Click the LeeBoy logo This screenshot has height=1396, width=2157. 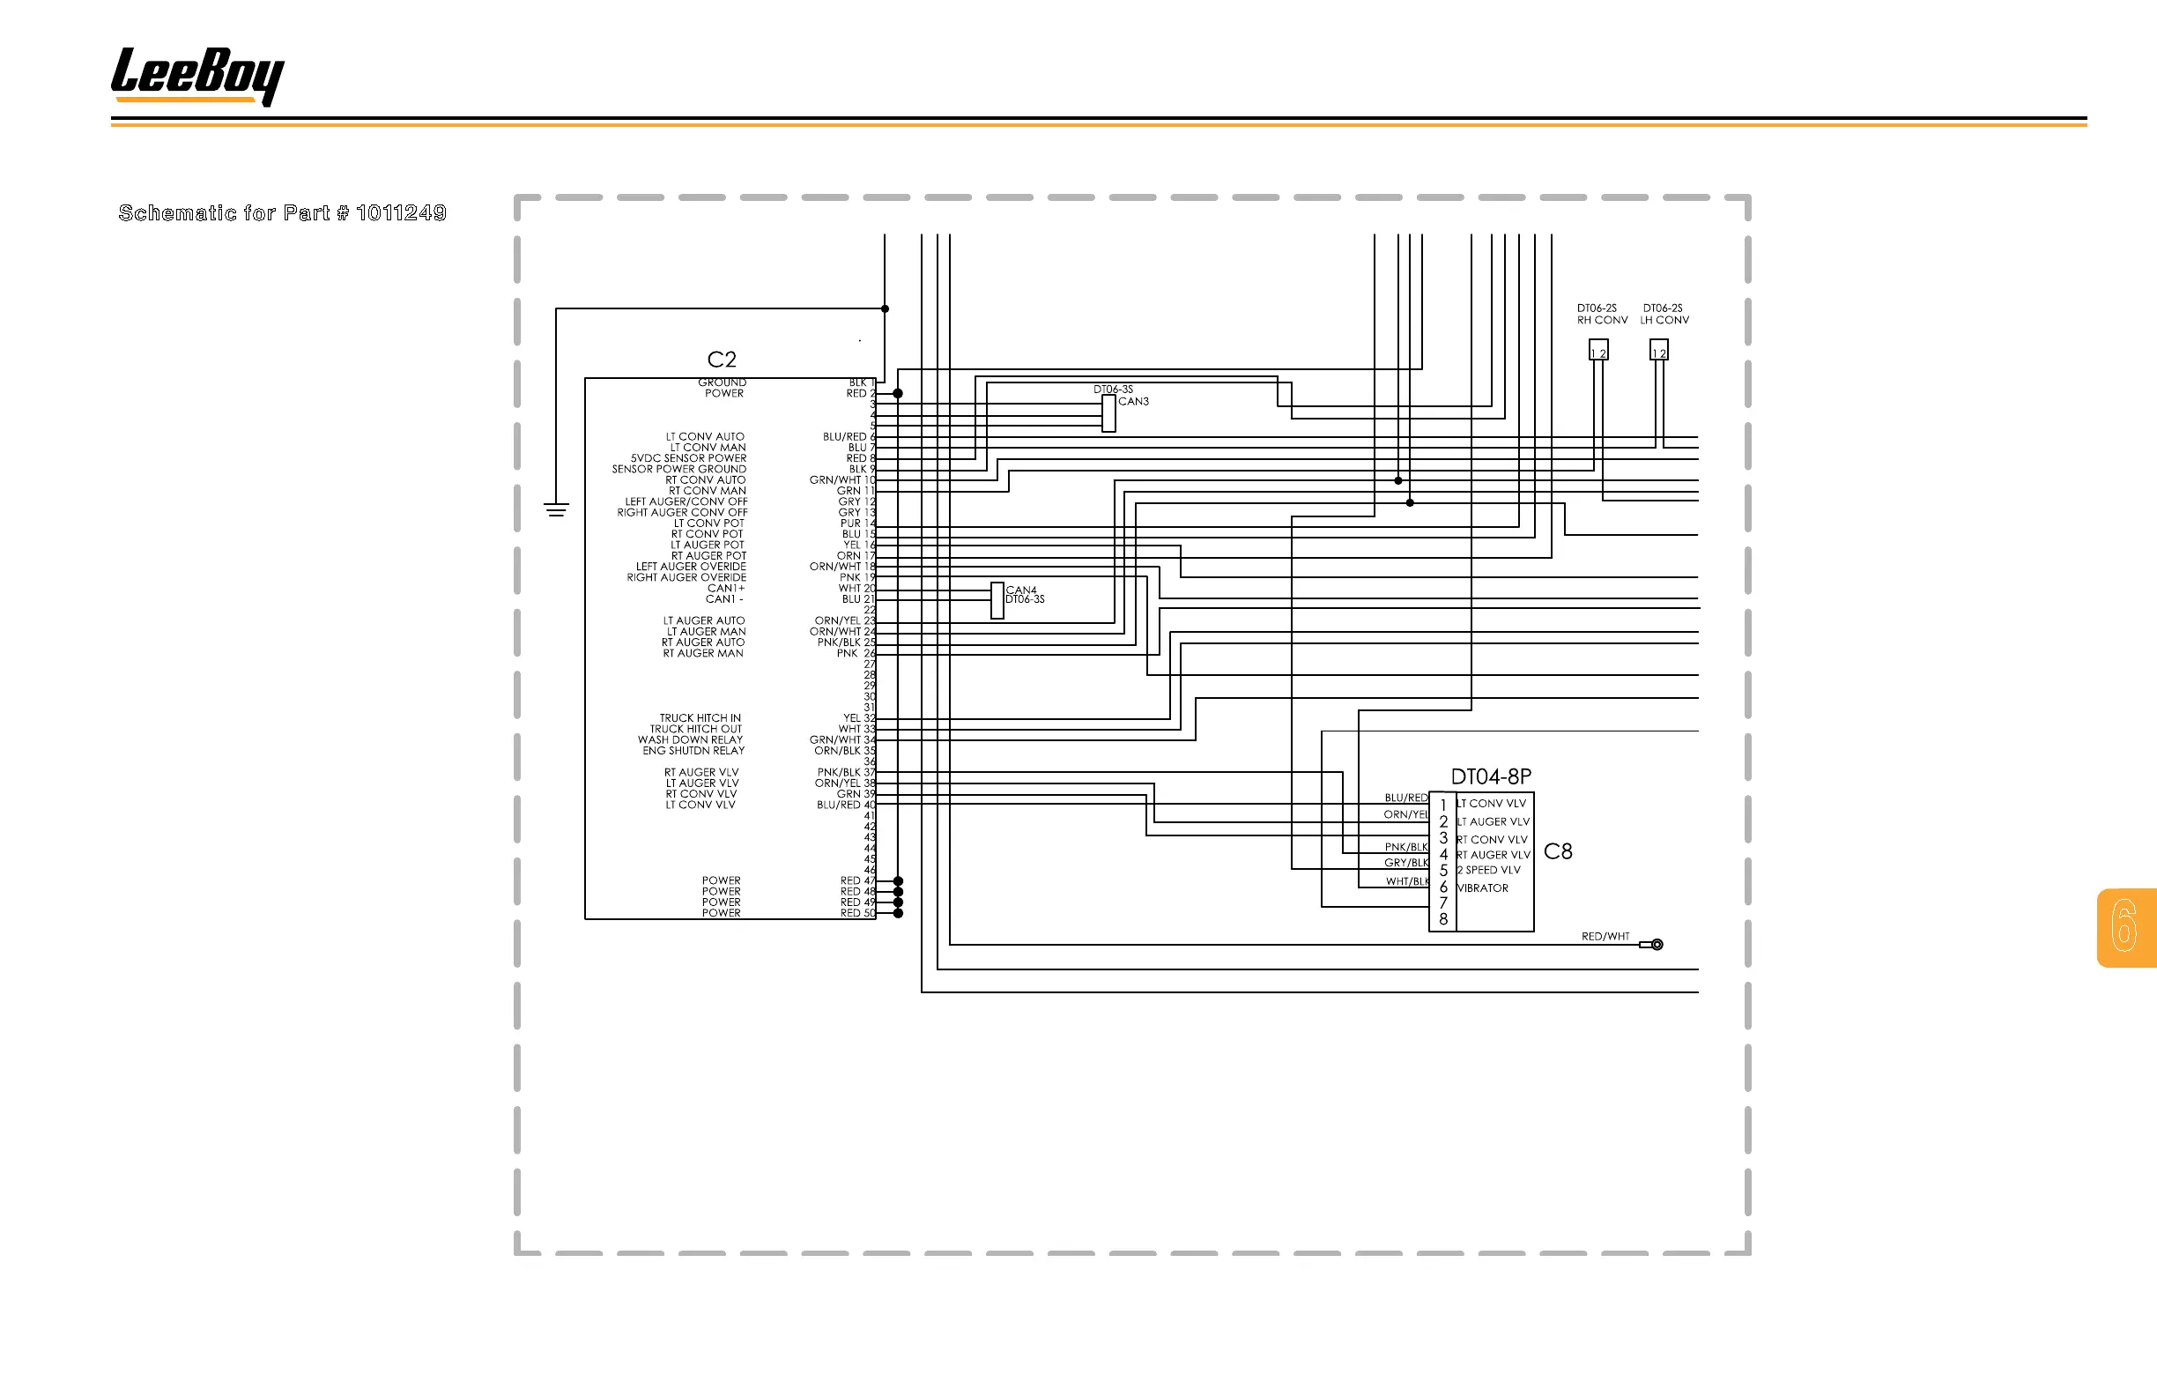[196, 75]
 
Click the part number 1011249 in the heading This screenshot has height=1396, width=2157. [401, 213]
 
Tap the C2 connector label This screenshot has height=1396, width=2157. [722, 360]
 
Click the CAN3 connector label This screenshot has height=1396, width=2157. [1133, 402]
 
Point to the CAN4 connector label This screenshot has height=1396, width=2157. [1020, 590]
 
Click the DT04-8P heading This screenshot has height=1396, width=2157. [1491, 776]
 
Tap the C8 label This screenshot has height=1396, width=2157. [1557, 851]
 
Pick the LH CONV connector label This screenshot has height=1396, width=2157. [1664, 320]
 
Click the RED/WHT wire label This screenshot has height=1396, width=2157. [1605, 937]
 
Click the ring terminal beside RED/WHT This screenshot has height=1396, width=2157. [1656, 945]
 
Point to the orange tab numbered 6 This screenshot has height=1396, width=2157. [2125, 926]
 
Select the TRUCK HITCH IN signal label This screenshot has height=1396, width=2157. [700, 718]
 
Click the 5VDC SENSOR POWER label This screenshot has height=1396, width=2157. [689, 458]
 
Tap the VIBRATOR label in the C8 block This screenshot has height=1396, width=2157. [1483, 888]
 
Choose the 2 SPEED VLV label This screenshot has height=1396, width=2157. [1488, 870]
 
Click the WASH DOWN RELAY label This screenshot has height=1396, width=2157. [690, 739]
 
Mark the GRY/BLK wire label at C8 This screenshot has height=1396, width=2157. [1405, 863]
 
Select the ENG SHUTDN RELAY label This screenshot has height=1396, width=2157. [693, 751]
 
